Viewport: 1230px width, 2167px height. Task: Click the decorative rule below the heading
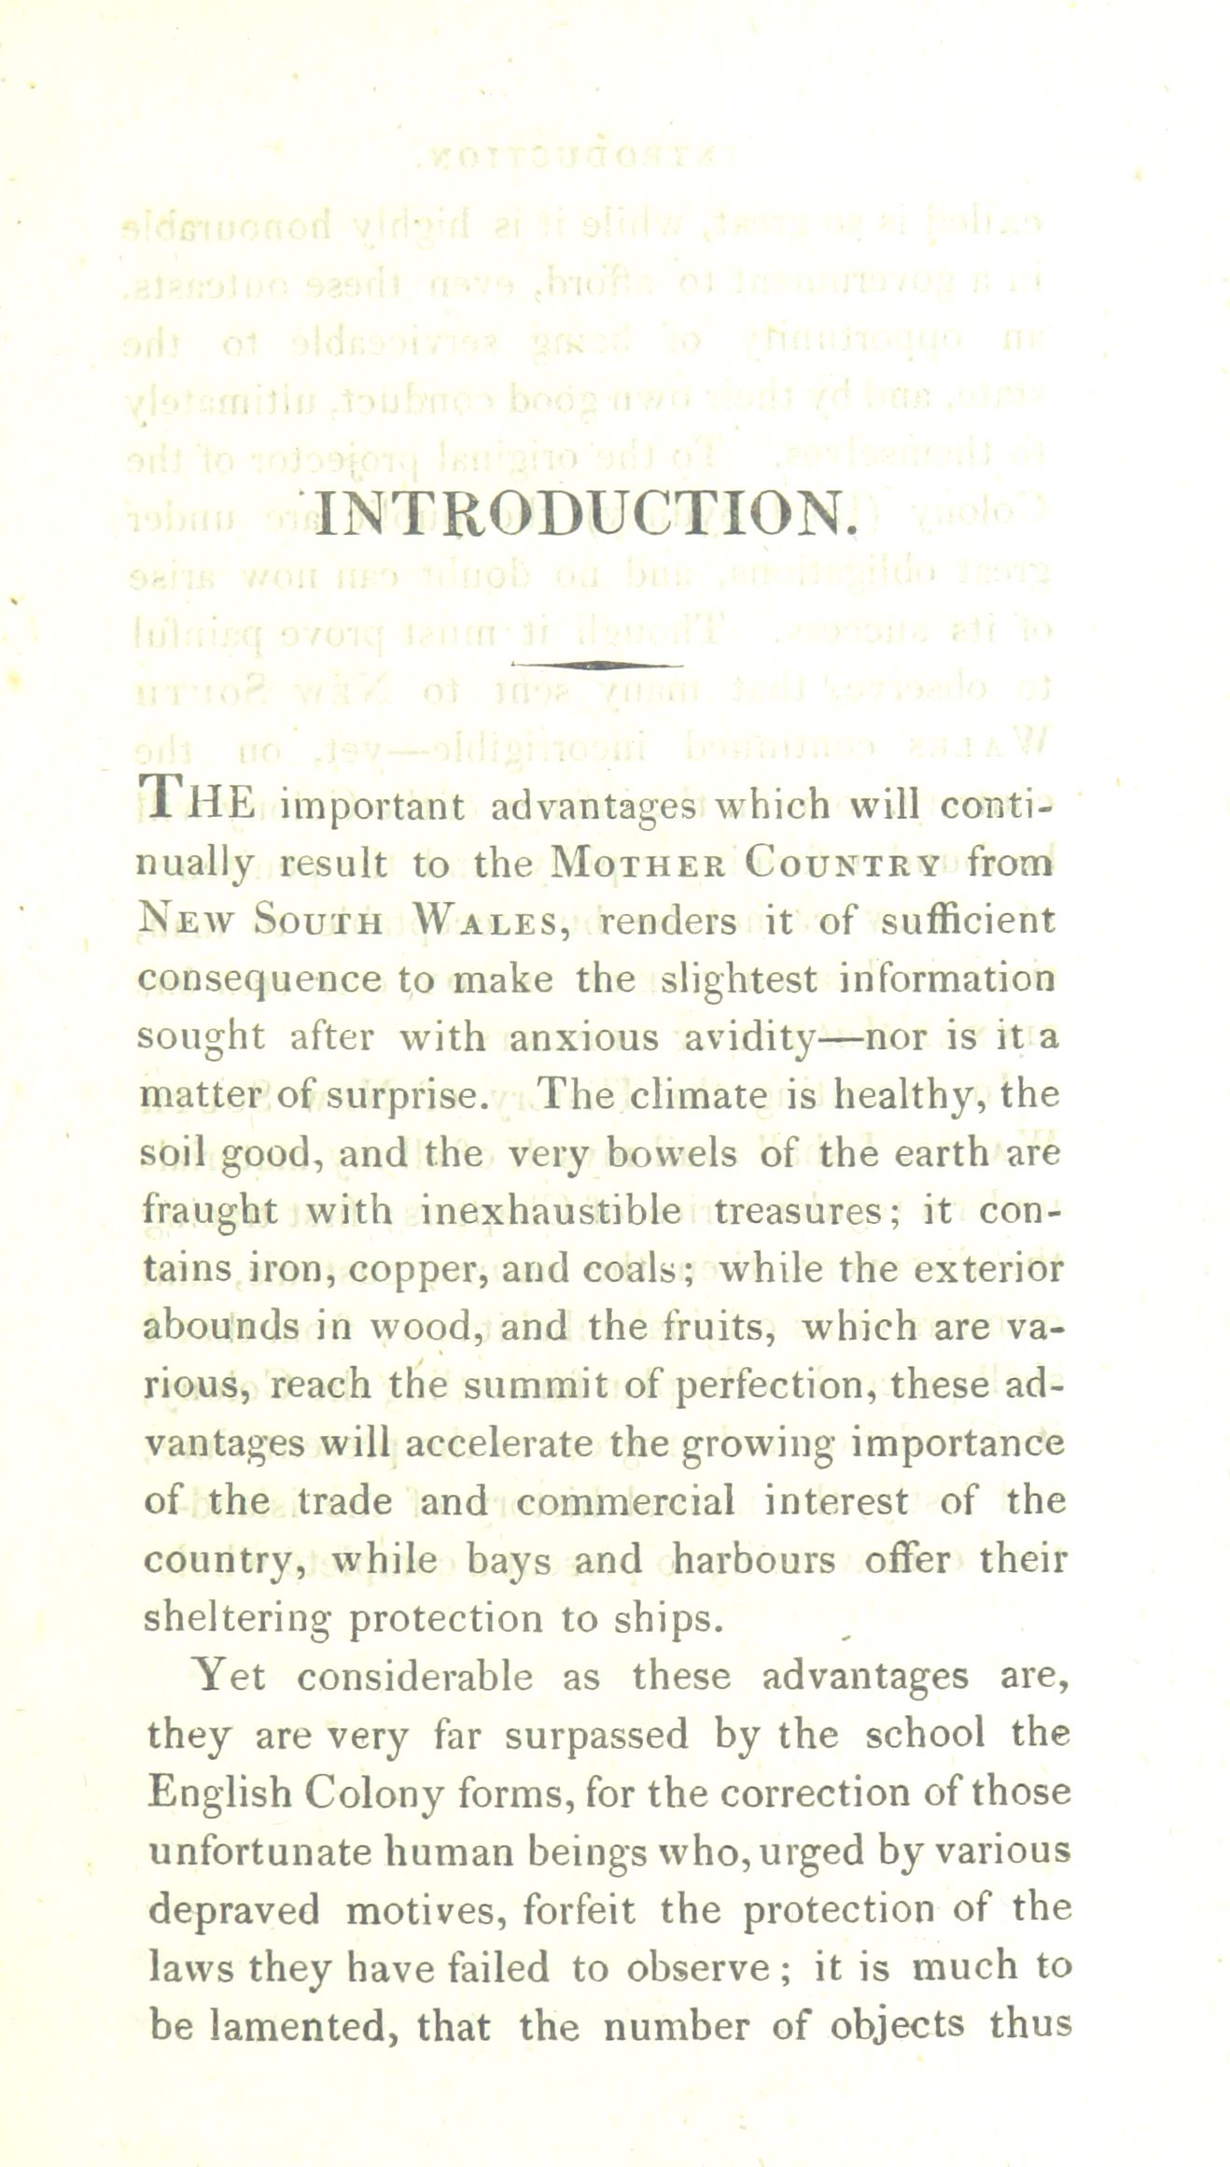tap(597, 664)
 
